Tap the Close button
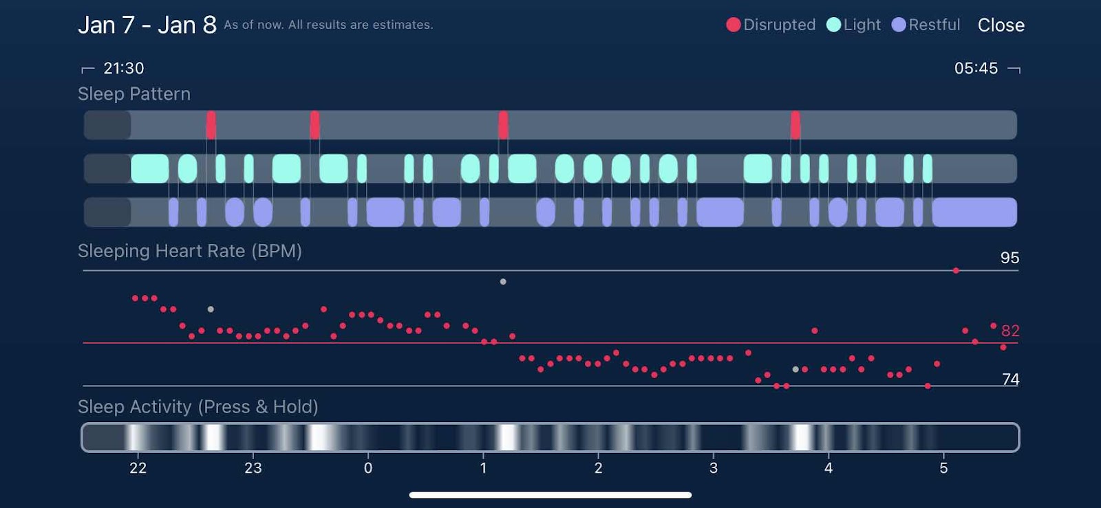[x=1001, y=25]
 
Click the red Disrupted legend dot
[x=734, y=25]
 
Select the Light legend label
[x=862, y=25]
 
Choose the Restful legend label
[x=934, y=25]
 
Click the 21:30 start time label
[x=123, y=68]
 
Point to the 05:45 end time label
[x=976, y=68]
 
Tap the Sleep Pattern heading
[x=134, y=94]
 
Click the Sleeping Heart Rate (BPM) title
[x=190, y=251]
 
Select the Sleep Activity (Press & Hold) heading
[x=198, y=407]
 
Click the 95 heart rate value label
[x=1009, y=258]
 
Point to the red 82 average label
[x=1010, y=331]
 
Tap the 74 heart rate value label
[x=1010, y=379]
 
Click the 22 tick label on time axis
[x=138, y=468]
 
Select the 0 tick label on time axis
[x=368, y=468]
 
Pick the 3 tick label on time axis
[x=714, y=468]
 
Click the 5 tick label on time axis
[x=943, y=468]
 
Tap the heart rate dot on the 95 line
[x=956, y=271]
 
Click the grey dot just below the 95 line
[x=503, y=282]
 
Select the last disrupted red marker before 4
[x=795, y=125]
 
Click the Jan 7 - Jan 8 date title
[x=147, y=25]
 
